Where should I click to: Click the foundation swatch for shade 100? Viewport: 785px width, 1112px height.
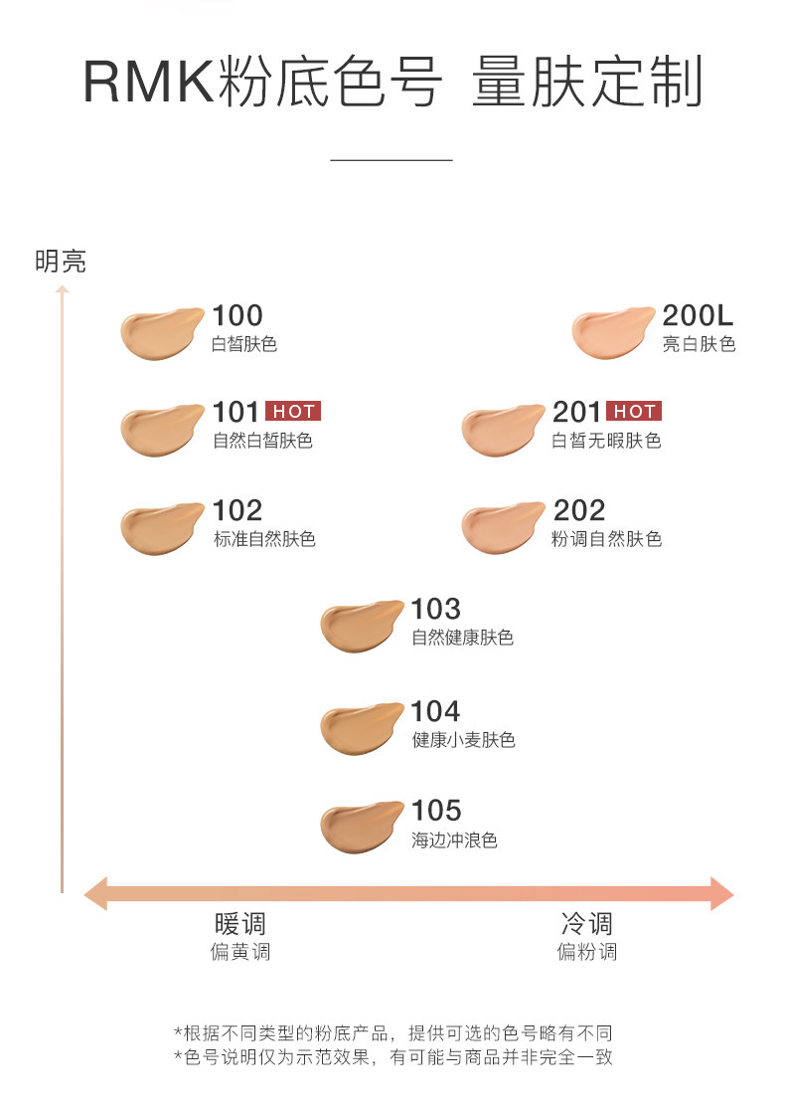[x=161, y=333]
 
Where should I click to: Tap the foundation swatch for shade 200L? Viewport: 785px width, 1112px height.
[x=612, y=333]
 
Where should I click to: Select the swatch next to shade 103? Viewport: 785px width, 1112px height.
[x=361, y=627]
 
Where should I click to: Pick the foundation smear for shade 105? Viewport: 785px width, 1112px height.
[x=361, y=830]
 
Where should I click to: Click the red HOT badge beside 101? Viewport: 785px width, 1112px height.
[x=293, y=412]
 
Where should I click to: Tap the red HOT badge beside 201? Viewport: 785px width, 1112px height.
[x=634, y=412]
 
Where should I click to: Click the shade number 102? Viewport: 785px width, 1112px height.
[x=237, y=510]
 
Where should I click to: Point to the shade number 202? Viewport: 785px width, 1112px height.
[x=578, y=510]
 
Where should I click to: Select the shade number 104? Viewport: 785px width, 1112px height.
[x=436, y=711]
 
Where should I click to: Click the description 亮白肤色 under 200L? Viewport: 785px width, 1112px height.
[x=699, y=345]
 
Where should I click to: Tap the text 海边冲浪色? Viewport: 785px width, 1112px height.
[x=454, y=840]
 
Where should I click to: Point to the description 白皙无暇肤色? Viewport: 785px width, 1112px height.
[x=606, y=441]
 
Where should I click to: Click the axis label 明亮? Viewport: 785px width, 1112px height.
[x=61, y=262]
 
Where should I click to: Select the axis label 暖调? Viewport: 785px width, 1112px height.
[x=239, y=923]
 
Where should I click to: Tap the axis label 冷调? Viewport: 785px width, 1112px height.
[x=586, y=923]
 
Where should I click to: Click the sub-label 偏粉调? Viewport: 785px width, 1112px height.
[x=586, y=952]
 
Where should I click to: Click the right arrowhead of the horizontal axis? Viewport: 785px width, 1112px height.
[x=722, y=893]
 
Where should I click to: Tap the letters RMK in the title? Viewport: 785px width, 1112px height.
[x=147, y=83]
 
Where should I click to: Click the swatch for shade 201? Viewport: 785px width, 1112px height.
[x=502, y=430]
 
